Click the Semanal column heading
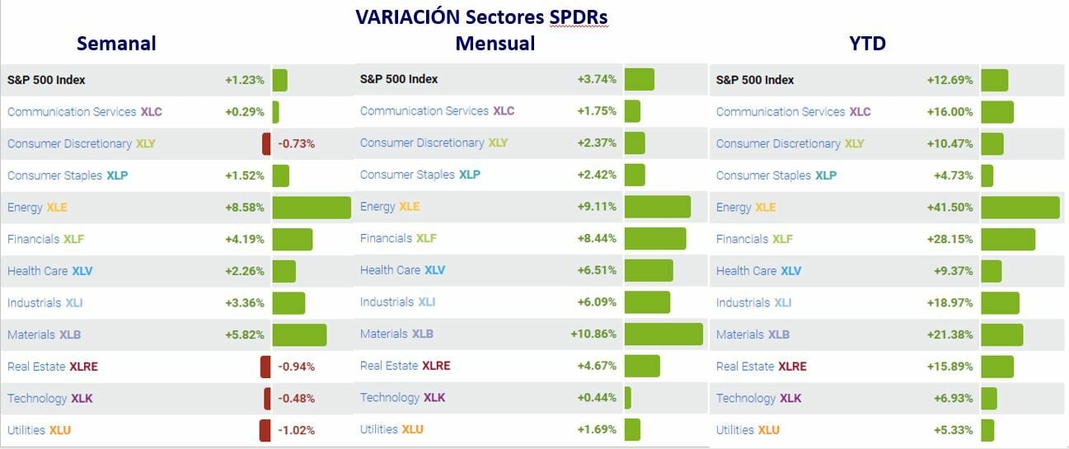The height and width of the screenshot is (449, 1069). (116, 43)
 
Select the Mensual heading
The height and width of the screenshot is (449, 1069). (495, 43)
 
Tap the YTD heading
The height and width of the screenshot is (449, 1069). (867, 43)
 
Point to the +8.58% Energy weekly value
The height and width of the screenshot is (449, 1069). (245, 208)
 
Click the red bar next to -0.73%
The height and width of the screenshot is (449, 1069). (266, 143)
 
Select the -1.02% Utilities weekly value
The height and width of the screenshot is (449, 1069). (297, 430)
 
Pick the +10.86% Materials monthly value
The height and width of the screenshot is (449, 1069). (593, 334)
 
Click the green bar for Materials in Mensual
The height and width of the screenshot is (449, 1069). (663, 334)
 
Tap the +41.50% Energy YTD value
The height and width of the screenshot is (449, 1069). (949, 208)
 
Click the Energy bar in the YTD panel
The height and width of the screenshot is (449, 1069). (1020, 208)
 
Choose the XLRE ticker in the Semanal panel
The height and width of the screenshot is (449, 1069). (83, 367)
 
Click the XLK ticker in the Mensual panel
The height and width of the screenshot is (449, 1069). (434, 398)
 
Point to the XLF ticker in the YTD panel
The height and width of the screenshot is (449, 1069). (782, 239)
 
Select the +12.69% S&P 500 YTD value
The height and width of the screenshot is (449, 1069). (949, 80)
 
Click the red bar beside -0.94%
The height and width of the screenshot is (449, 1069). (265, 367)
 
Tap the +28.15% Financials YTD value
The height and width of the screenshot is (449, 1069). (949, 239)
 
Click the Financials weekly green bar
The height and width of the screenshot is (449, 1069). (293, 239)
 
